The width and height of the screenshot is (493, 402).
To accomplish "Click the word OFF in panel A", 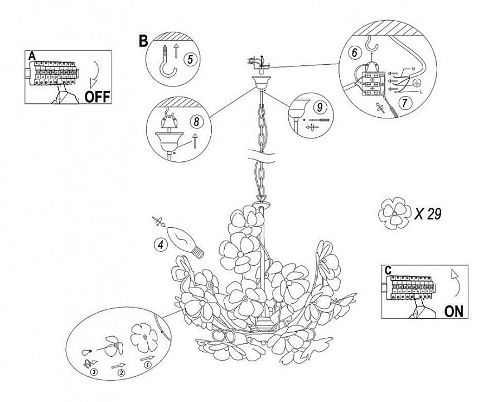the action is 98,97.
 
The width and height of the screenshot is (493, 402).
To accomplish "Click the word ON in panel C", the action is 454,312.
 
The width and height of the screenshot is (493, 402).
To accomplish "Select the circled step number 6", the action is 355,52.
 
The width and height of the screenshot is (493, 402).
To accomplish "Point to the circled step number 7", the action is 405,103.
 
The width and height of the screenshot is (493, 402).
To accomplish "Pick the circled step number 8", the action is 196,122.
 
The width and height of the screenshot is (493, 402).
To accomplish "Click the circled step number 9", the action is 320,107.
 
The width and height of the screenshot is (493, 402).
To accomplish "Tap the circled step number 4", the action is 161,245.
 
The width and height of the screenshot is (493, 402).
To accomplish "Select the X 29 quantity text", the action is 428,214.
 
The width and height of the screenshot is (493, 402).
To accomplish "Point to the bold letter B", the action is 143,41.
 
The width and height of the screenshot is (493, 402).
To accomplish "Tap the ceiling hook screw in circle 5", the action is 168,62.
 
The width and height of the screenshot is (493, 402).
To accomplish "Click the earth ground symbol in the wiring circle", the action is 416,83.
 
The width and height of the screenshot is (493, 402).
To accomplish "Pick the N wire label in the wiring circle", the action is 413,69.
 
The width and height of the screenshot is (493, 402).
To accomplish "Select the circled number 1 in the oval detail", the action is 147,365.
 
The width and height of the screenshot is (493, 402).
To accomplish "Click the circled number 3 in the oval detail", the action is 94,372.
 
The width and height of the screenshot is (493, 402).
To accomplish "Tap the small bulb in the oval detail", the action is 87,351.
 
